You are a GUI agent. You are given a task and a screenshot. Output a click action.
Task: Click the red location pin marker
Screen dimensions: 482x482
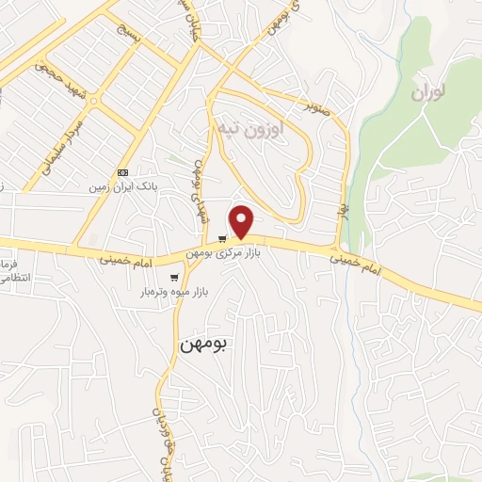243,221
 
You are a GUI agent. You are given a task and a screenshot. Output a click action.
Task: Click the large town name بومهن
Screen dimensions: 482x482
203,345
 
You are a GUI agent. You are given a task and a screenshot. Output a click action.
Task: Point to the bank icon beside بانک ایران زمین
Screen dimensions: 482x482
122,172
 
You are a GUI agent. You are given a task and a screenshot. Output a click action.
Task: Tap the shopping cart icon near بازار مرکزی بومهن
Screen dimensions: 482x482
222,238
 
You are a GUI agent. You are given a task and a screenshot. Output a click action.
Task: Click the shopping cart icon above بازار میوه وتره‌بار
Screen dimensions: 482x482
175,277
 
